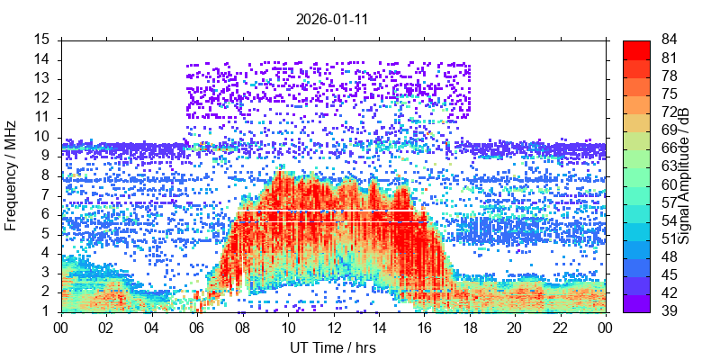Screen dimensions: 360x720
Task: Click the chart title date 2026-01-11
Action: (333, 17)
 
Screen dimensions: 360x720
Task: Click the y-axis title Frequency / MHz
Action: (13, 175)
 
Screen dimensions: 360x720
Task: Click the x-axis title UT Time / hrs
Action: (333, 347)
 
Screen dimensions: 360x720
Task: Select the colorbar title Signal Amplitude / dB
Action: (684, 175)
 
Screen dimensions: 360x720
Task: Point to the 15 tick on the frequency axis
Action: (42, 40)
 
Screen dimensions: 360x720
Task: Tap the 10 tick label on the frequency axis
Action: (42, 137)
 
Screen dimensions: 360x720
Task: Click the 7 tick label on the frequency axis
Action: (46, 195)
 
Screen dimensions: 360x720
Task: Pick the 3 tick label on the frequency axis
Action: (46, 273)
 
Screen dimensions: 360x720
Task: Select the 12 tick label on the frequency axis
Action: (42, 98)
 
